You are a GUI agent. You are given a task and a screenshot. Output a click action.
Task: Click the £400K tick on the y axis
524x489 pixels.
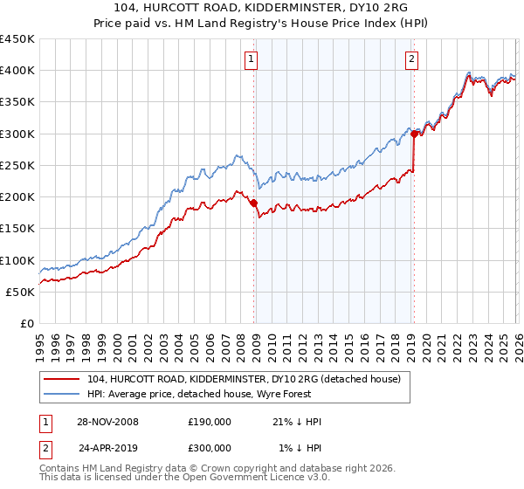coord(17,71)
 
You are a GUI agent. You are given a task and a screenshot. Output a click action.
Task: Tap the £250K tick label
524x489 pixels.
coord(17,165)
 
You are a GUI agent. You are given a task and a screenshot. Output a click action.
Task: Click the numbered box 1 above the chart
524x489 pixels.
coord(251,59)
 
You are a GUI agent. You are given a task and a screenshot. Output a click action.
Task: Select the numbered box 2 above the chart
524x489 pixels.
coord(411,59)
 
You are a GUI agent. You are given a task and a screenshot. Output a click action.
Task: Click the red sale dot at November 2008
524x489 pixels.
coord(254,203)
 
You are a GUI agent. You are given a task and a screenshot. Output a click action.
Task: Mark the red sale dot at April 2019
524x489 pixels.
coord(414,134)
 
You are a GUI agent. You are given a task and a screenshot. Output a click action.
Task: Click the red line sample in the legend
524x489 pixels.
coord(62,379)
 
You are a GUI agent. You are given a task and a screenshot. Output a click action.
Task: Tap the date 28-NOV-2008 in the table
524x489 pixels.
coord(107,422)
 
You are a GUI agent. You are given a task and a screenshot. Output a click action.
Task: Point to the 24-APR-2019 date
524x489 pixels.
coord(107,447)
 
